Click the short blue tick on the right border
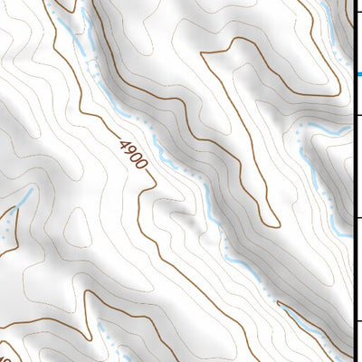(x=357, y=75)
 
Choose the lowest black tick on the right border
(x=357, y=321)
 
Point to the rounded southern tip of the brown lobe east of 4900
(x=270, y=223)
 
